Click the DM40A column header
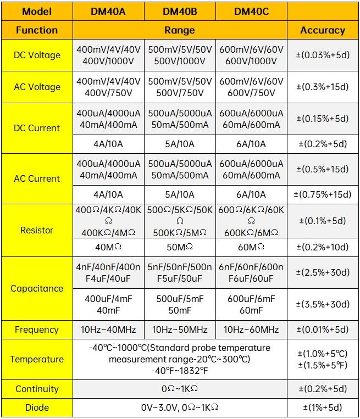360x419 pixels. pyautogui.click(x=108, y=11)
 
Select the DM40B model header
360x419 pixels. pyautogui.click(x=180, y=11)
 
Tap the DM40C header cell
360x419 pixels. pyautogui.click(x=251, y=11)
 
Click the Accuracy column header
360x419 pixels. pyautogui.click(x=323, y=30)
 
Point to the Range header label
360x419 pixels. pyautogui.click(x=180, y=30)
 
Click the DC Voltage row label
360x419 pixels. pyautogui.click(x=37, y=55)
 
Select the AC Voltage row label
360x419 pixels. pyautogui.click(x=37, y=87)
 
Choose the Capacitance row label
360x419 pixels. pyautogui.click(x=37, y=288)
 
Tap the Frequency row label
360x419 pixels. pyautogui.click(x=37, y=329)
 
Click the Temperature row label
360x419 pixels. pyautogui.click(x=37, y=359)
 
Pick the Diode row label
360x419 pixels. pyautogui.click(x=37, y=407)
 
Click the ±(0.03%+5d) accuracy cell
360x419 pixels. pyautogui.click(x=323, y=55)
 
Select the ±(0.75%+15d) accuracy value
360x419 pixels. pyautogui.click(x=323, y=194)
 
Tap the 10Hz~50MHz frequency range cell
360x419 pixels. pyautogui.click(x=180, y=329)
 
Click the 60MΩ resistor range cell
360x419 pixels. pyautogui.click(x=251, y=247)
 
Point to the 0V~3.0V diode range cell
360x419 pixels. pyautogui.click(x=180, y=407)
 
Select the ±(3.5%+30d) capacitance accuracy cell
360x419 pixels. pyautogui.click(x=323, y=304)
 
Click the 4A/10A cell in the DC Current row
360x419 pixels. pyautogui.click(x=108, y=144)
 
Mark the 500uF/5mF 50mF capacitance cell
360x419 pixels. pyautogui.click(x=180, y=304)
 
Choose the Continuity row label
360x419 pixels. pyautogui.click(x=37, y=389)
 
